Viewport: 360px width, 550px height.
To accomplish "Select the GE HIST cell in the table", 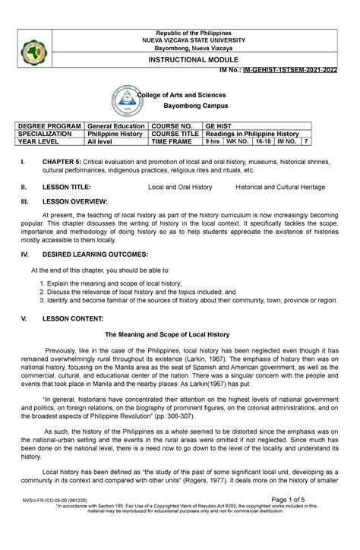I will [x=221, y=122].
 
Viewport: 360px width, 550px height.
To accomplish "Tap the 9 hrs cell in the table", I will [x=214, y=142].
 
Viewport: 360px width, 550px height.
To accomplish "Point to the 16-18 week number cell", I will [x=264, y=142].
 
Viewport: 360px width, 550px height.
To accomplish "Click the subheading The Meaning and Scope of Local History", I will [x=179, y=333].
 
